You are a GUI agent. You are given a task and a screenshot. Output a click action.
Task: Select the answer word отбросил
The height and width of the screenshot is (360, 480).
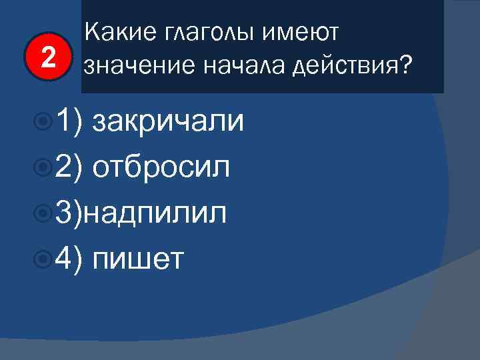pyautogui.click(x=162, y=167)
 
